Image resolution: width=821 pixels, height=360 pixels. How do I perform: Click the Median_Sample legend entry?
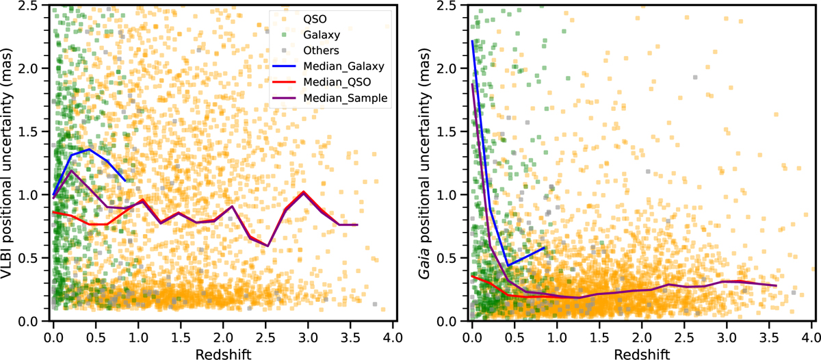pos(344,99)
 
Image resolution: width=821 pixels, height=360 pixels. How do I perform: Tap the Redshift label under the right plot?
pos(642,350)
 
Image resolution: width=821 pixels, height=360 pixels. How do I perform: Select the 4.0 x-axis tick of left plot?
pos(392,335)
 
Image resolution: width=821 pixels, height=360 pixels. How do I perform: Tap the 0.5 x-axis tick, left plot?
pos(96,335)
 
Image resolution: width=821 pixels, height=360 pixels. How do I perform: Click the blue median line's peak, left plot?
pos(89,149)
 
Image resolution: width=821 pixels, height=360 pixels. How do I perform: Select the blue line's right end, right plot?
pos(544,247)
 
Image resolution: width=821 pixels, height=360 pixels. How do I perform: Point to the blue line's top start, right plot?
pos(472,41)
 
